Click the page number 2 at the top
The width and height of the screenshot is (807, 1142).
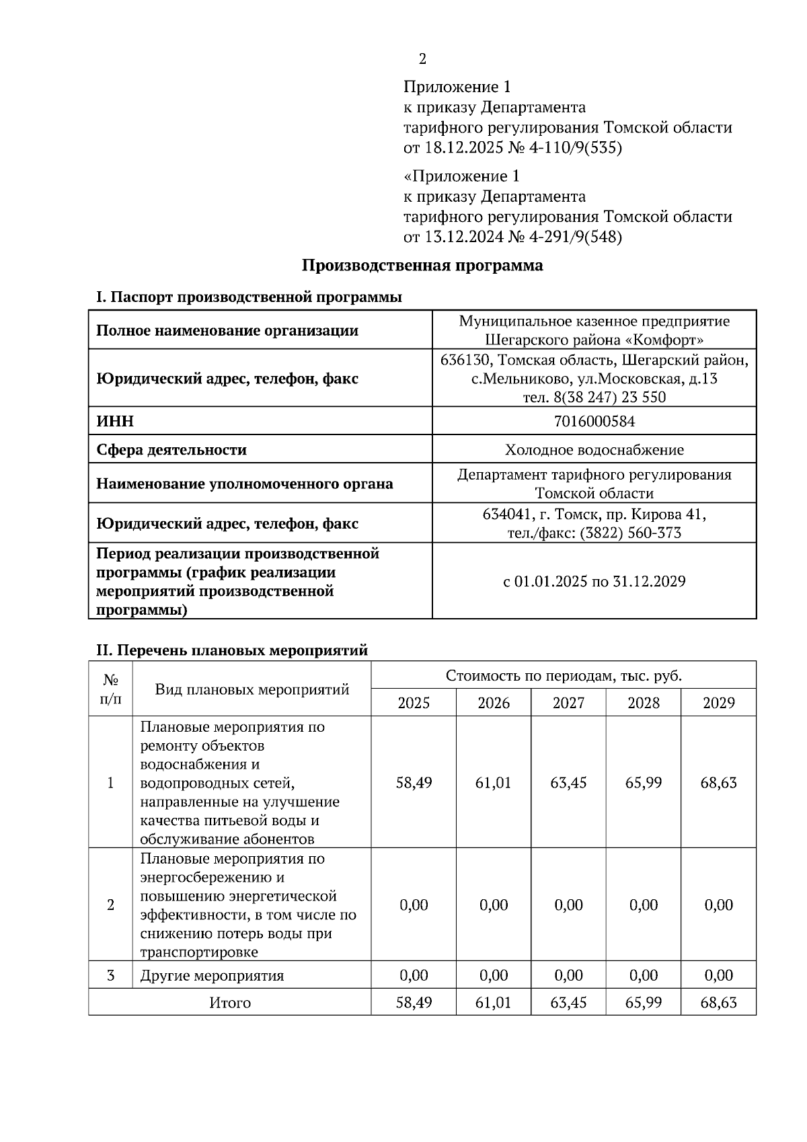(422, 59)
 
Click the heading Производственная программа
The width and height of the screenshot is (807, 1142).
(422, 266)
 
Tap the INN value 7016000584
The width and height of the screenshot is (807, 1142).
(594, 422)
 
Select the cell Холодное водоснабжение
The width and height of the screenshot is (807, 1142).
(594, 450)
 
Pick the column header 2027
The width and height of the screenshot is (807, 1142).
(568, 703)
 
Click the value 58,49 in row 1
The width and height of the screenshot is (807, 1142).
(414, 783)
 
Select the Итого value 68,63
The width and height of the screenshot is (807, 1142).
(718, 1003)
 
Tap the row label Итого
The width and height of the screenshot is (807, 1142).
(230, 1003)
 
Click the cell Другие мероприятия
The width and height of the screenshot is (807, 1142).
(212, 976)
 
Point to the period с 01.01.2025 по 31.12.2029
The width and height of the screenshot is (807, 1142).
(594, 582)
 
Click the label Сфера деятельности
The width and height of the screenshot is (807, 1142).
(171, 450)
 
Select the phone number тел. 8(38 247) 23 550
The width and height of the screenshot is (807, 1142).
(594, 397)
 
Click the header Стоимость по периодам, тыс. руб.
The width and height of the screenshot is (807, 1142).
(564, 676)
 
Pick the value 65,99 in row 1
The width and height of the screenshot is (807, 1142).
(643, 783)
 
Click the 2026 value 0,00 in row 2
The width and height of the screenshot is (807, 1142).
(493, 905)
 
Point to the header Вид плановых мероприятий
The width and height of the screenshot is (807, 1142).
(252, 689)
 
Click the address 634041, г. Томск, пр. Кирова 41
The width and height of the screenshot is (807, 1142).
(594, 515)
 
